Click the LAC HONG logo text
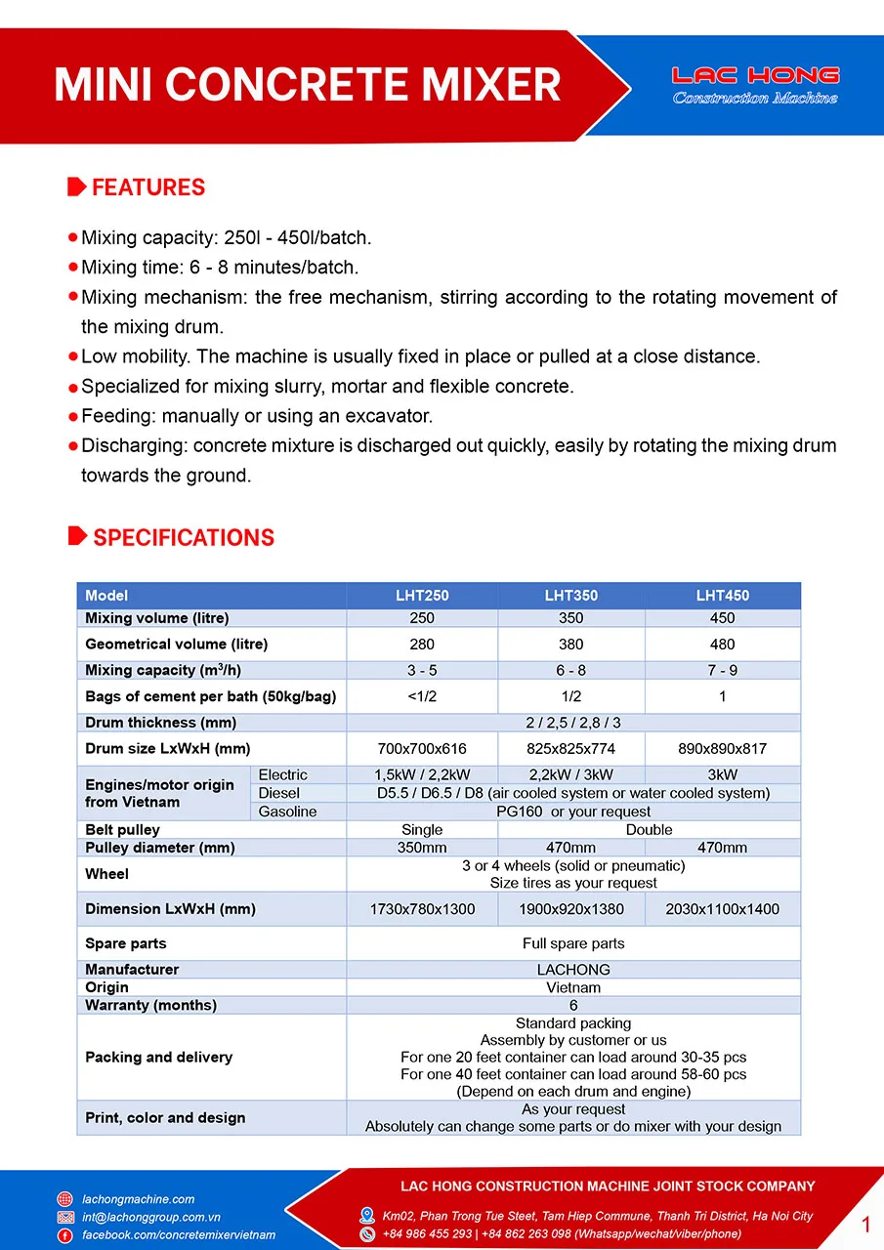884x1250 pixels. pyautogui.click(x=755, y=76)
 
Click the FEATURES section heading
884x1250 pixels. pyautogui.click(x=147, y=187)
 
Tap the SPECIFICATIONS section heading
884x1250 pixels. pyautogui.click(x=183, y=538)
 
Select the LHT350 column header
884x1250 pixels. pyautogui.click(x=570, y=595)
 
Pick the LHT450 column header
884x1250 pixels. pyautogui.click(x=722, y=595)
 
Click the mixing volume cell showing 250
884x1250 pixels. pyautogui.click(x=422, y=618)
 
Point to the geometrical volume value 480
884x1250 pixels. pyautogui.click(x=722, y=645)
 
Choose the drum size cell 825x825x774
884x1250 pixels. pyautogui.click(x=570, y=749)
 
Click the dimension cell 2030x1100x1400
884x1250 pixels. pyautogui.click(x=722, y=909)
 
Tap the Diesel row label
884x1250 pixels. pyautogui.click(x=279, y=793)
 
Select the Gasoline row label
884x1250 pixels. pyautogui.click(x=287, y=812)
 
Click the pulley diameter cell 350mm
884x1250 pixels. pyautogui.click(x=422, y=848)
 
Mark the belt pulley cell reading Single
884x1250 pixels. pyautogui.click(x=422, y=829)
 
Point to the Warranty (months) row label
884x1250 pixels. pyautogui.click(x=150, y=1005)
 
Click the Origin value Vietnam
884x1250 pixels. pyautogui.click(x=573, y=987)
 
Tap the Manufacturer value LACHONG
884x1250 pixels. pyautogui.click(x=573, y=970)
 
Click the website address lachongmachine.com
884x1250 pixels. pyautogui.click(x=138, y=1199)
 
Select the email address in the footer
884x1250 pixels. pyautogui.click(x=150, y=1218)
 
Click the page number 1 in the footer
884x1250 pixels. pyautogui.click(x=865, y=1225)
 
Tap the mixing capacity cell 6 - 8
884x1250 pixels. pyautogui.click(x=570, y=670)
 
